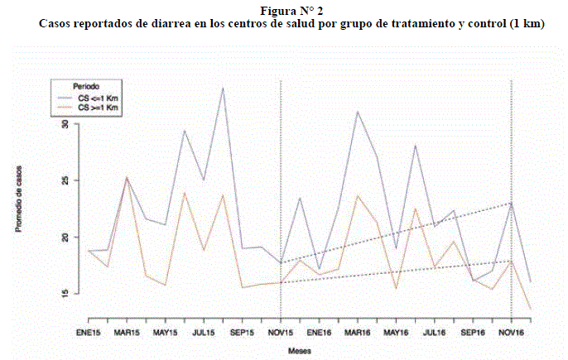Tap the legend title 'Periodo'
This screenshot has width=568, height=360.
pyautogui.click(x=86, y=86)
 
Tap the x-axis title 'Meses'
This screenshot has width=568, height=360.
pyautogui.click(x=300, y=351)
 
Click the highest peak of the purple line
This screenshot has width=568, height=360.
pyautogui.click(x=223, y=88)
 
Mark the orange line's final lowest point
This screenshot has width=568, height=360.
pyautogui.click(x=530, y=309)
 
